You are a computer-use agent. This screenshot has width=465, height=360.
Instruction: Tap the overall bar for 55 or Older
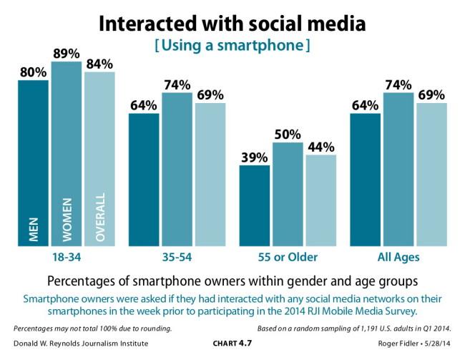[320, 200]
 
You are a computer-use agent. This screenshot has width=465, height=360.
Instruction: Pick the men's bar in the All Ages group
[365, 180]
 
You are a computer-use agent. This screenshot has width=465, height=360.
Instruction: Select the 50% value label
[288, 134]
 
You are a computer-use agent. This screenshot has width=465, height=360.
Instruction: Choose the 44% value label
[320, 146]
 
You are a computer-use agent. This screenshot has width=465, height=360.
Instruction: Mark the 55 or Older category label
[288, 257]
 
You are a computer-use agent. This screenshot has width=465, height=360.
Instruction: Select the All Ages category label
[398, 257]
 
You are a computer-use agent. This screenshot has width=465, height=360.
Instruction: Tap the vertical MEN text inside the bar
[33, 228]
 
